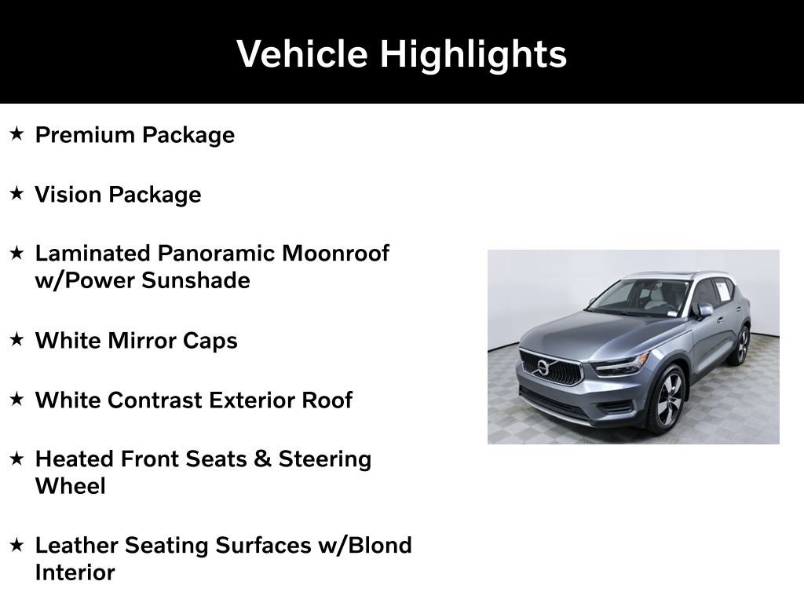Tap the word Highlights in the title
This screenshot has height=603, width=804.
pos(473,54)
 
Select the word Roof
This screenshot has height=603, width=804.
pos(327,400)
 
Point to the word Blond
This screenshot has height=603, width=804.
pos(379,545)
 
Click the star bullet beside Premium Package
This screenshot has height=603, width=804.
pos(17,134)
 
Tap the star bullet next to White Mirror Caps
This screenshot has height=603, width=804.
pos(17,340)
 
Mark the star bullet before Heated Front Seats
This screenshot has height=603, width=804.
pos(17,458)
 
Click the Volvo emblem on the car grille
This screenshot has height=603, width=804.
pos(543,367)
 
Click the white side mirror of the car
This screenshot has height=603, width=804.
pos(704,309)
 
